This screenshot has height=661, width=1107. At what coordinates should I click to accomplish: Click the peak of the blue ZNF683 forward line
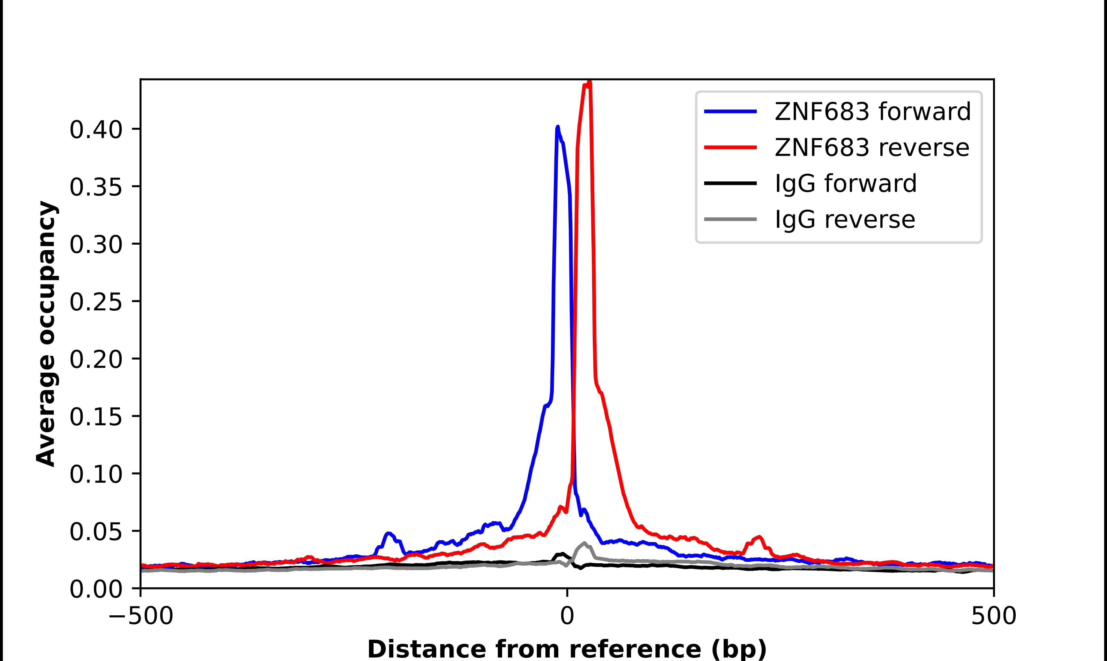tap(557, 127)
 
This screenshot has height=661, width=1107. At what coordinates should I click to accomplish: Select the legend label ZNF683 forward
tap(872, 111)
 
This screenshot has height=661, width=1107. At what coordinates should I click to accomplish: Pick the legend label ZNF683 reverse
tap(871, 148)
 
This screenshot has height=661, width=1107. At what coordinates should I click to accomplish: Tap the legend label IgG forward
tap(846, 184)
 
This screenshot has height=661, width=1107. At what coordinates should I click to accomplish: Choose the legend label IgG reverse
tap(845, 220)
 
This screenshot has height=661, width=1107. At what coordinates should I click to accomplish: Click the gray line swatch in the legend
tap(730, 219)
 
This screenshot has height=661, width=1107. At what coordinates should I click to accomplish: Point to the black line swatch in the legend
tap(730, 183)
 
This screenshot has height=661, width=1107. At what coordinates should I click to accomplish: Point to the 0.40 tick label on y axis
tap(96, 130)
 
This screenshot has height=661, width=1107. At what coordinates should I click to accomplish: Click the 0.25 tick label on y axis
tap(96, 302)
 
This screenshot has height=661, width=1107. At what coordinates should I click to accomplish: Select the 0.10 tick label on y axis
tap(96, 475)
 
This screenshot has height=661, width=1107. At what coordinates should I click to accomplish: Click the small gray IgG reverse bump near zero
tap(584, 543)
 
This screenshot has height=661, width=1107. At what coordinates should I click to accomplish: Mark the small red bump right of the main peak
tap(759, 537)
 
